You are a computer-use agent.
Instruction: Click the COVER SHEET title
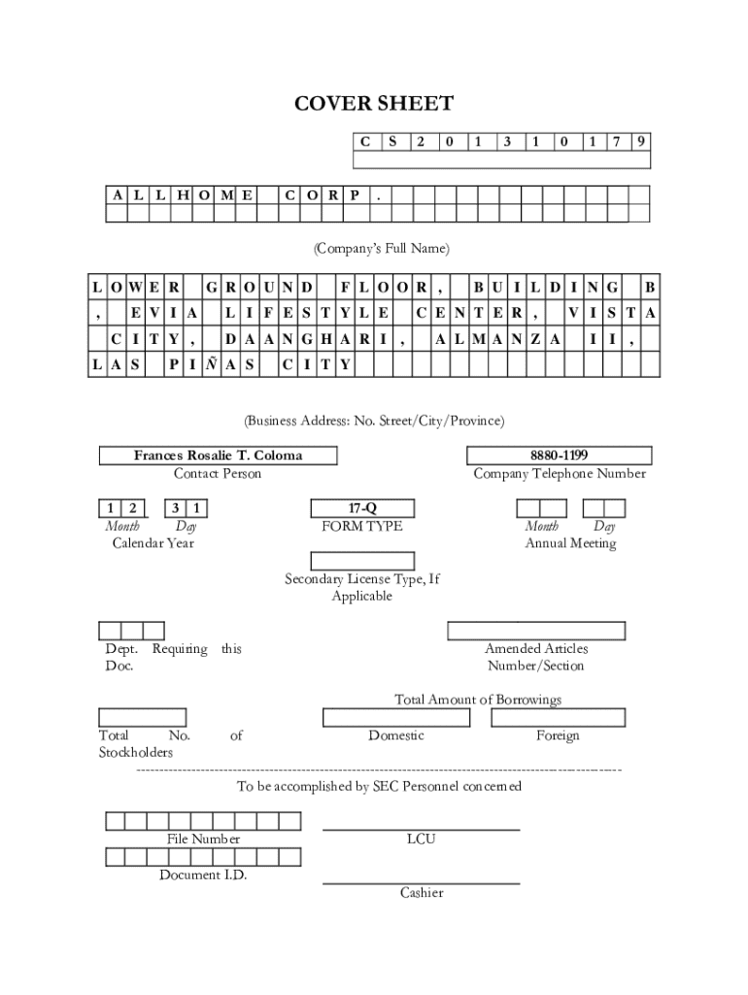coord(374,104)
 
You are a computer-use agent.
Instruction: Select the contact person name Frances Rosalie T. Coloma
coord(218,455)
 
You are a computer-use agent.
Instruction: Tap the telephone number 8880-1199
coord(559,455)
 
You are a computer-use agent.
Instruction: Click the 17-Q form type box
coord(361,508)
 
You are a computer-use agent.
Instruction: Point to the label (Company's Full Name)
coord(381,249)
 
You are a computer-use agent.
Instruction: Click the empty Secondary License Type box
coord(361,561)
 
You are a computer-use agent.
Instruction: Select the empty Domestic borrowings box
coord(395,718)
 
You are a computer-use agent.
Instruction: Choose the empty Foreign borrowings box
coord(558,718)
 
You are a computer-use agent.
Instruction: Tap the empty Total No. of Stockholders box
coord(142,718)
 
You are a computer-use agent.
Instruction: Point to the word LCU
coord(421,839)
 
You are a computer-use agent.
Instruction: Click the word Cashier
coord(421,892)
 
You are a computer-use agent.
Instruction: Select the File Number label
coord(203,839)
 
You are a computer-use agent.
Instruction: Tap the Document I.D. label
coord(203,875)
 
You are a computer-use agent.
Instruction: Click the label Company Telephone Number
coord(559,474)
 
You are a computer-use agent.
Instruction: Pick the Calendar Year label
coord(153,543)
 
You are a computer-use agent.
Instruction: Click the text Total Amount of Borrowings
coord(477,700)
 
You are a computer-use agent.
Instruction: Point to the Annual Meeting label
coord(570,543)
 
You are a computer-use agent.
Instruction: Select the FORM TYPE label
coord(361,527)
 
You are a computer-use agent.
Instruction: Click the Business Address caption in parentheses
coord(374,421)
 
